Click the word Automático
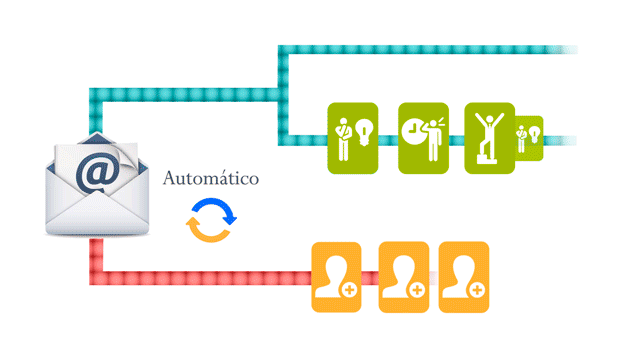point(211,178)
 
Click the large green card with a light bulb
point(353,138)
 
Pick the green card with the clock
point(423,138)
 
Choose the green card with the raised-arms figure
point(489,138)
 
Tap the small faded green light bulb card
point(529,138)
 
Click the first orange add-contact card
point(336,277)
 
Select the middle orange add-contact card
point(404,277)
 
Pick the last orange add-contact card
point(464,277)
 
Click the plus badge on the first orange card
point(349,290)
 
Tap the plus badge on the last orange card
point(477,290)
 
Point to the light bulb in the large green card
point(364,132)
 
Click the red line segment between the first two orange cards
point(370,278)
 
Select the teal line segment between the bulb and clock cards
point(388,140)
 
